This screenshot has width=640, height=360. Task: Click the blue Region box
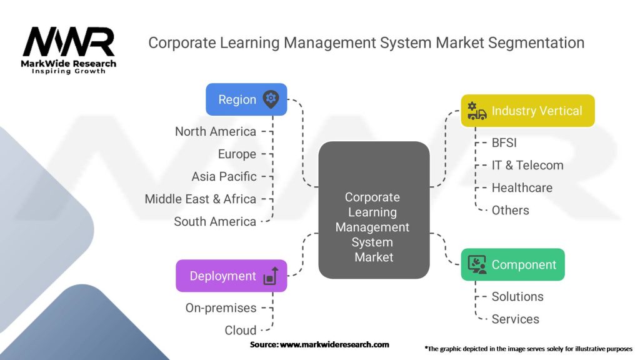tap(246, 99)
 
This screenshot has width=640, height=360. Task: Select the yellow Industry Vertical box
tap(527, 111)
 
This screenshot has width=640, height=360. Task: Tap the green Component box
tap(512, 264)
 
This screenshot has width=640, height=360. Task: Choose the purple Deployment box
tap(231, 276)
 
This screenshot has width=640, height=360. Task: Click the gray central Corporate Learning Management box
tap(374, 210)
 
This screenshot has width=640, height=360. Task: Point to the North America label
tap(216, 131)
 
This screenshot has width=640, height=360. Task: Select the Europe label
tap(237, 154)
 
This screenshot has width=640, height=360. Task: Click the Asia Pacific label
tap(224, 176)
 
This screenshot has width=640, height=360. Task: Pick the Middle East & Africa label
tap(201, 199)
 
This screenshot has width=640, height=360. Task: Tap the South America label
tap(215, 221)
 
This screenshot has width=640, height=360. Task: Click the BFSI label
tap(504, 142)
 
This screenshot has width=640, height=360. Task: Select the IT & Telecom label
tap(527, 165)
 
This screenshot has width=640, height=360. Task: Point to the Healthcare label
tap(522, 187)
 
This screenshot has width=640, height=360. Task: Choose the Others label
tap(510, 210)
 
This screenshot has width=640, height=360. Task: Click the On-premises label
tap(221, 307)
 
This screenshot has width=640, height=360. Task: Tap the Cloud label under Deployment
tap(241, 330)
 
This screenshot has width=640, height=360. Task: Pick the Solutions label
tap(517, 296)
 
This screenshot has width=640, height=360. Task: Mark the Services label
tap(515, 319)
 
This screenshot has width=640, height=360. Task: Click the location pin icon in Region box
tap(271, 99)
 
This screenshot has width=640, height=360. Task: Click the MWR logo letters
tap(69, 42)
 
